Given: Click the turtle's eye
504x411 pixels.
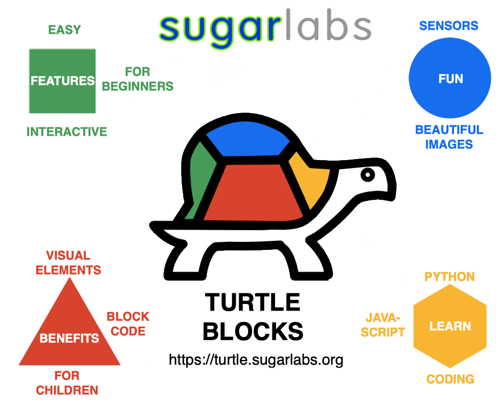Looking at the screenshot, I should [368, 175].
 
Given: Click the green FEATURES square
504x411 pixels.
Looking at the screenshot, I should [62, 81].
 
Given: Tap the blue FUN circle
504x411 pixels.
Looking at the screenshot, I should [450, 79].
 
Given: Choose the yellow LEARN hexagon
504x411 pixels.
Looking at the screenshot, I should [450, 326].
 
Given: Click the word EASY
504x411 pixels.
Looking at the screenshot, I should [65, 30].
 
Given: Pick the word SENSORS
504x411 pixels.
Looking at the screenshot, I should [449, 26].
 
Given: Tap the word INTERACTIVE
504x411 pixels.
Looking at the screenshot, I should [67, 132].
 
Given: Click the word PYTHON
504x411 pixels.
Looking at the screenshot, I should [449, 277].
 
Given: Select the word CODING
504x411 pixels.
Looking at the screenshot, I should [450, 379].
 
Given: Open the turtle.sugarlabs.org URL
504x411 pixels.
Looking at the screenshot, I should [256, 359].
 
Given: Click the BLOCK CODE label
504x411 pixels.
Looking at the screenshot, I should [128, 324].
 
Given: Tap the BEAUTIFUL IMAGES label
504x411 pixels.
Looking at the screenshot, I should [449, 137].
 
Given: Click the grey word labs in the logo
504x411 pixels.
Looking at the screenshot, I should [327, 27].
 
